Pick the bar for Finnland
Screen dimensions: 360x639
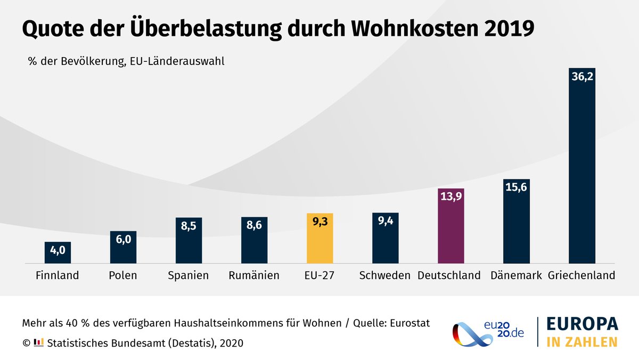(58, 252)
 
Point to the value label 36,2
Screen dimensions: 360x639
(582, 77)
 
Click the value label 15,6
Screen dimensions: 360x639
(517, 187)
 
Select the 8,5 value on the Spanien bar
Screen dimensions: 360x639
(189, 225)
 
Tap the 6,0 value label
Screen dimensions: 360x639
(123, 240)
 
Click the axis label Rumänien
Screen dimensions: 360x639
(254, 276)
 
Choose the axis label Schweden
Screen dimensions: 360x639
(385, 276)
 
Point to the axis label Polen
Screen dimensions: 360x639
(123, 276)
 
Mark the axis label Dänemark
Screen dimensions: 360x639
(516, 276)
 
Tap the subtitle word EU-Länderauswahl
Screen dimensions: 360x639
(177, 61)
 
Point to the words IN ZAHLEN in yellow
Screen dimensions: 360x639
(581, 341)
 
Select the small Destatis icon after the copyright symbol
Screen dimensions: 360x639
(38, 342)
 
